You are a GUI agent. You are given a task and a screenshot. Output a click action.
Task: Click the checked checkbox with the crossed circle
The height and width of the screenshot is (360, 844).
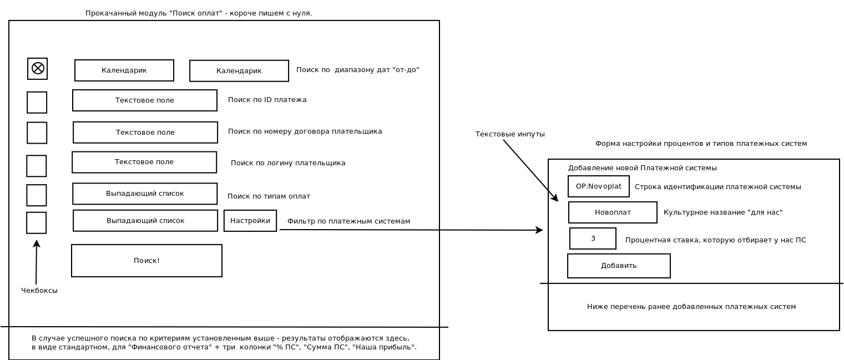coord(37,69)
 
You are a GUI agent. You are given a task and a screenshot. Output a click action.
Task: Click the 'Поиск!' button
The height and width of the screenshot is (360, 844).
coord(146,261)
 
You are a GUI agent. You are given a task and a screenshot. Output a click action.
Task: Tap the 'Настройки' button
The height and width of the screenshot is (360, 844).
coord(250,221)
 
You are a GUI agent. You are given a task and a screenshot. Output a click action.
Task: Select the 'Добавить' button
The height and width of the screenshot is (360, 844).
coord(619,266)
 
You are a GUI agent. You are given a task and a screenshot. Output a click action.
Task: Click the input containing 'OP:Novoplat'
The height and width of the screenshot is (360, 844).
coord(598,186)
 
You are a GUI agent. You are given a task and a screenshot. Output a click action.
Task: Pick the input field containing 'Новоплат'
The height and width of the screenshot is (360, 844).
coord(613,212)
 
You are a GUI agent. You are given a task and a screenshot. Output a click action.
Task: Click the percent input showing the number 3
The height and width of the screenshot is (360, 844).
coord(593,239)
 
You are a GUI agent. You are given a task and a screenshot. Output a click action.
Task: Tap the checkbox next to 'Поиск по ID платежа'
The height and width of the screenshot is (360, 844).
coord(37,103)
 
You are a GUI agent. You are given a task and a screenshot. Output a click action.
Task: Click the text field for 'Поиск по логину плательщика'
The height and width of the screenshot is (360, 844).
coord(144,163)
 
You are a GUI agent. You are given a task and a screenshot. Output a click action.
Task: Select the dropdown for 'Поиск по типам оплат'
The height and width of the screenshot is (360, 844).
coord(145,194)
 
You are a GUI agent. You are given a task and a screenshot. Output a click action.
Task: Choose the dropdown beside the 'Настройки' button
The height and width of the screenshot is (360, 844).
coord(145,221)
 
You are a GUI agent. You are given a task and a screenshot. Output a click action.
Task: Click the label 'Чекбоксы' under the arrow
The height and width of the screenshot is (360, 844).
coord(39,291)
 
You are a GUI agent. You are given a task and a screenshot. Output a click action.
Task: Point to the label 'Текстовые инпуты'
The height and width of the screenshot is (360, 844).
coord(510,134)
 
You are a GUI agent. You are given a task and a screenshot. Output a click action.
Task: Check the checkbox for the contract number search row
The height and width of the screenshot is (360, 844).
coord(37,133)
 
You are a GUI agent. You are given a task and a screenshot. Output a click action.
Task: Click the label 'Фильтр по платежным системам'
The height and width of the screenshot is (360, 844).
coord(348,221)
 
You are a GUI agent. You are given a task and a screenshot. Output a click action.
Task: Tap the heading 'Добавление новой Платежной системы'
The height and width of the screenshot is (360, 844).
coord(643,168)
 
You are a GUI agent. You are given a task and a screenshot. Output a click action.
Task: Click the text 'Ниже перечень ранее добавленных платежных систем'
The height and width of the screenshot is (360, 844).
coord(691,307)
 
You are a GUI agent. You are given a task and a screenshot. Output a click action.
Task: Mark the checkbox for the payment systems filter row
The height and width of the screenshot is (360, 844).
coord(37,223)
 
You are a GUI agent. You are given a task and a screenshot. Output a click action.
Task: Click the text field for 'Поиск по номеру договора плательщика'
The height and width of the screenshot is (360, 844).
coord(145,133)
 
